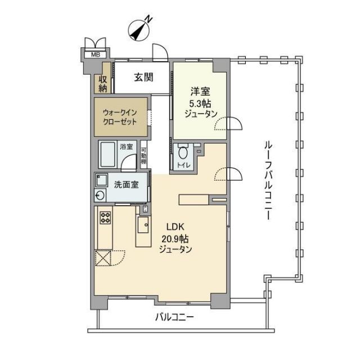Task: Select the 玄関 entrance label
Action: [x=144, y=78]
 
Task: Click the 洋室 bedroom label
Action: [x=200, y=91]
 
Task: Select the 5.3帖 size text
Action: [x=200, y=102]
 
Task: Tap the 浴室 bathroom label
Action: [x=127, y=147]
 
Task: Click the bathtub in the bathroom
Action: [x=109, y=154]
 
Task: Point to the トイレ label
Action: [x=183, y=165]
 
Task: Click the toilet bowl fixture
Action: [x=183, y=153]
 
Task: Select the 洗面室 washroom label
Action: [x=127, y=184]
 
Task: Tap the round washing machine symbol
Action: [x=101, y=196]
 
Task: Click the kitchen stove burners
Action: [x=105, y=217]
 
